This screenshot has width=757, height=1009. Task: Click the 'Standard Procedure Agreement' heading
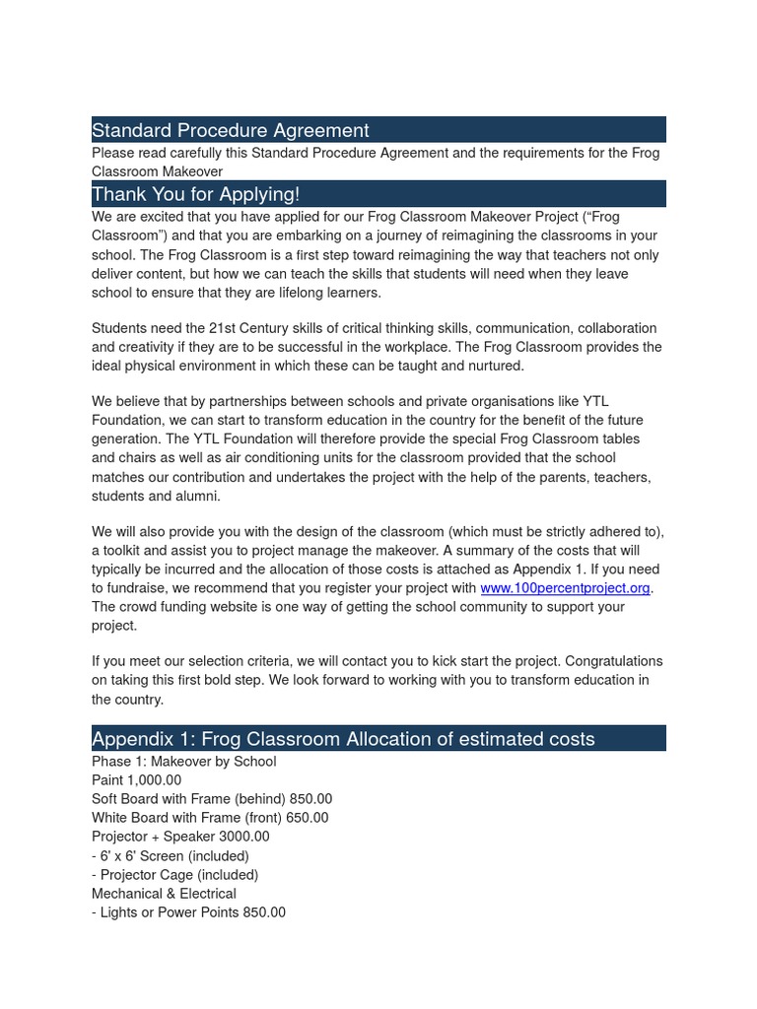coord(231,130)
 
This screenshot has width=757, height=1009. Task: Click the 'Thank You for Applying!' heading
coord(195,194)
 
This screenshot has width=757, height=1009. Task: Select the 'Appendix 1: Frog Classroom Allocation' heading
coord(343,739)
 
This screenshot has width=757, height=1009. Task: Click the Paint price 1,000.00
coord(154,780)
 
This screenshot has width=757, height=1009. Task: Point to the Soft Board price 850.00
coord(310,799)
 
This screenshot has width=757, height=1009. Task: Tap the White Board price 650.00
coord(307,818)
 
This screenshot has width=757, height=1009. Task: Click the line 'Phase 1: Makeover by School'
coord(183,762)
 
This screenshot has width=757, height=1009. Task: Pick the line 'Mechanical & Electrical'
coord(164,894)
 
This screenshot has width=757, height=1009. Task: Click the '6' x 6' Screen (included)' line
coord(170,856)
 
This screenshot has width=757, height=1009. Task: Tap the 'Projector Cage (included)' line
coord(174,875)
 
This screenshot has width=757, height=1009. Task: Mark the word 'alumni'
coord(198,497)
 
